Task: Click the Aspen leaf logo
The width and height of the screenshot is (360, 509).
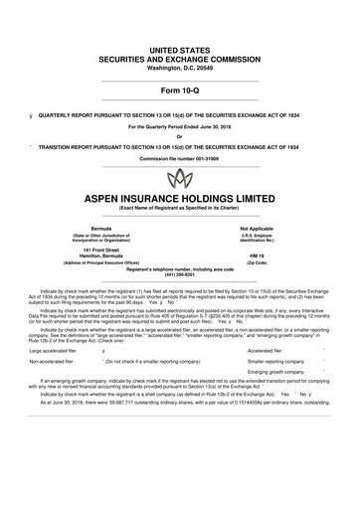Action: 180,179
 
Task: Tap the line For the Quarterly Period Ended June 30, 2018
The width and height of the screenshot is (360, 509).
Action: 180,126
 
